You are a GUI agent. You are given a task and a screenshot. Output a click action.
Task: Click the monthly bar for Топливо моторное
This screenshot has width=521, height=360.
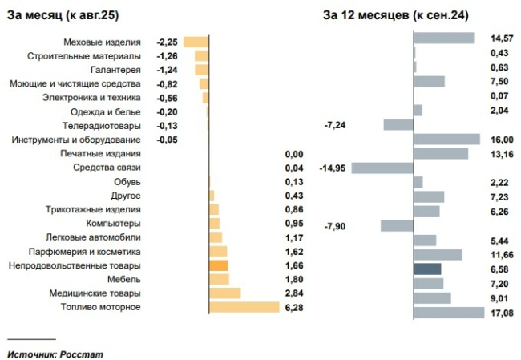pos(244,307)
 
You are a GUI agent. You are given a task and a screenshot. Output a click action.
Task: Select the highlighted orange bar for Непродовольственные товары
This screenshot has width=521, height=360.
pos(218,265)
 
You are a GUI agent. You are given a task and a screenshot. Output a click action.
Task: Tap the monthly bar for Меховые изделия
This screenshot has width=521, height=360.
pos(196,42)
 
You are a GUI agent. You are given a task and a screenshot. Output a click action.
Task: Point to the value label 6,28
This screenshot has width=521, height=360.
pos(295,308)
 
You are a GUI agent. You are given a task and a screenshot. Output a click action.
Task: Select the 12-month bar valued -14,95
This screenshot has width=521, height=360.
pos(382,168)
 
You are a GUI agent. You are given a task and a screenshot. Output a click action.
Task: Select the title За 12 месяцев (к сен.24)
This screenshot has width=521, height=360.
pos(396,14)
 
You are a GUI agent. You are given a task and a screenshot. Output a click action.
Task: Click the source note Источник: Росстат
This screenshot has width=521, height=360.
pos(55,354)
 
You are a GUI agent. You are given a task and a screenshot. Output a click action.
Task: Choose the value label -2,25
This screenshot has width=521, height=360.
pos(167,42)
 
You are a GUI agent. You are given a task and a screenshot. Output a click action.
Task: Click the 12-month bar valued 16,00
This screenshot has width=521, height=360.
pos(446,140)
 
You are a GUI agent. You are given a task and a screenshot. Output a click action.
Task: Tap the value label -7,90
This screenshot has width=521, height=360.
pos(335,226)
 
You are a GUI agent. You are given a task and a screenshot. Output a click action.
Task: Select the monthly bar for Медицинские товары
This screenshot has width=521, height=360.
pos(224,293)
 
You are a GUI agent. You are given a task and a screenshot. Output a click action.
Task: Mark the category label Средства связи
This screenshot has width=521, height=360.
pos(107,168)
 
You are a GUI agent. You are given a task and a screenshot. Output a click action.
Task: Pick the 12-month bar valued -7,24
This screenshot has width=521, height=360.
pos(398,125)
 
